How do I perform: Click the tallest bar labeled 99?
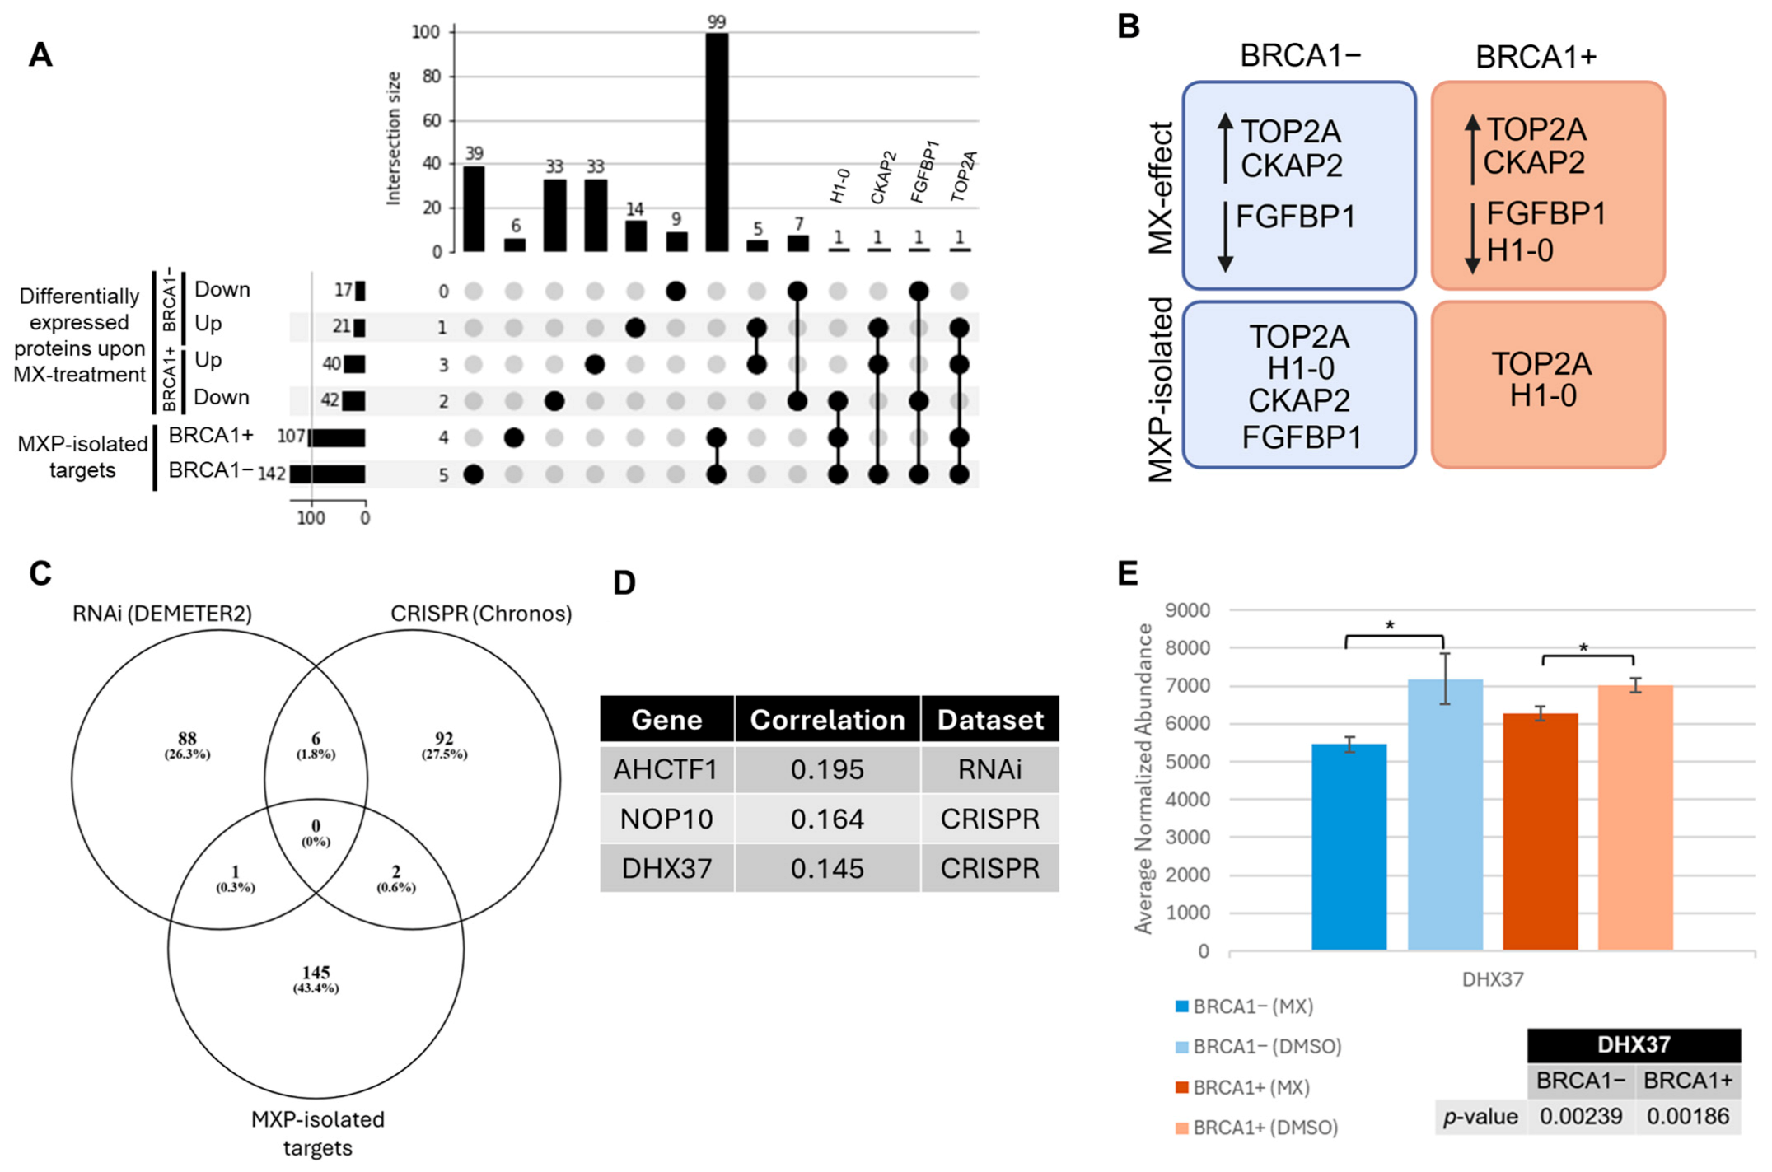(x=717, y=142)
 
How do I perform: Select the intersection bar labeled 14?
(x=635, y=236)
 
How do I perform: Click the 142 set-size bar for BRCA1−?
(x=327, y=474)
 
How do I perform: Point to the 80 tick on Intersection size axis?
(x=432, y=77)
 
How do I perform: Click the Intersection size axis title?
(x=394, y=138)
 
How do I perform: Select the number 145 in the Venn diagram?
(x=316, y=973)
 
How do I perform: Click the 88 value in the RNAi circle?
(x=187, y=738)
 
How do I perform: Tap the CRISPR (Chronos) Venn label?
(x=481, y=614)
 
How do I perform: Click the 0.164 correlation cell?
(x=827, y=819)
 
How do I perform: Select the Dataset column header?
(x=989, y=720)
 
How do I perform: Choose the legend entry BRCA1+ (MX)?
(x=1251, y=1087)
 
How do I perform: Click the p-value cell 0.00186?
(x=1687, y=1116)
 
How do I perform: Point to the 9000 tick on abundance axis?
(x=1187, y=610)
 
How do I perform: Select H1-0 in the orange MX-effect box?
(x=1520, y=250)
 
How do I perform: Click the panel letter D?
(x=624, y=583)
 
